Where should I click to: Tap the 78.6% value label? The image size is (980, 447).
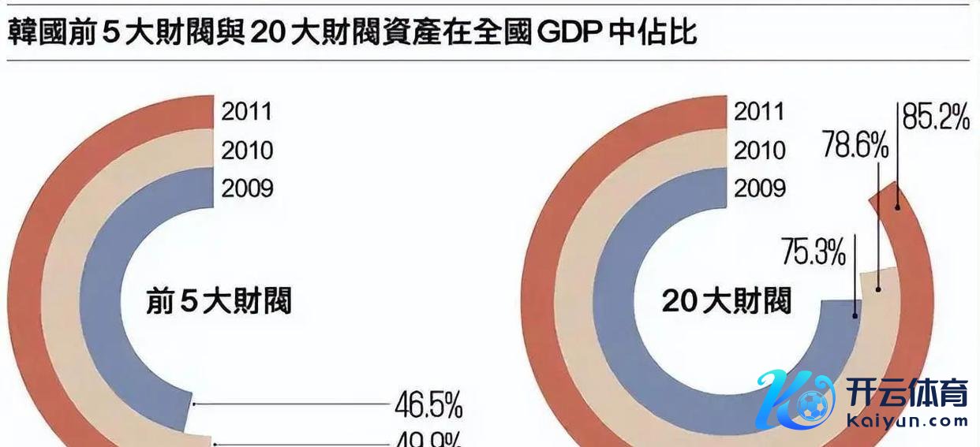point(855,146)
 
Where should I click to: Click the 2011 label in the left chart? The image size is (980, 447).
point(246,111)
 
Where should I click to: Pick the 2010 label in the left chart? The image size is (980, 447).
point(246,150)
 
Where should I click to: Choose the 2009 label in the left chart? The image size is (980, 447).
point(246,188)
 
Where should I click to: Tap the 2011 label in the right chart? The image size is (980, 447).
point(759,111)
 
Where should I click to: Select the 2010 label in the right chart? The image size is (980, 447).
point(759,150)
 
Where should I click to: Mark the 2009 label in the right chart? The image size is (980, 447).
point(759,188)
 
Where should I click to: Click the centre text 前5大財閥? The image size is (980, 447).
point(219,301)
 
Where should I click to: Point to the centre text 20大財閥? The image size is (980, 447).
point(726,301)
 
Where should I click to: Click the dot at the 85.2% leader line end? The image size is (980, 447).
point(897,207)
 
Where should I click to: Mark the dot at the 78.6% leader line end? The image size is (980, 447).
point(877,289)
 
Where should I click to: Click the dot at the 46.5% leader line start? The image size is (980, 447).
point(194,404)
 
